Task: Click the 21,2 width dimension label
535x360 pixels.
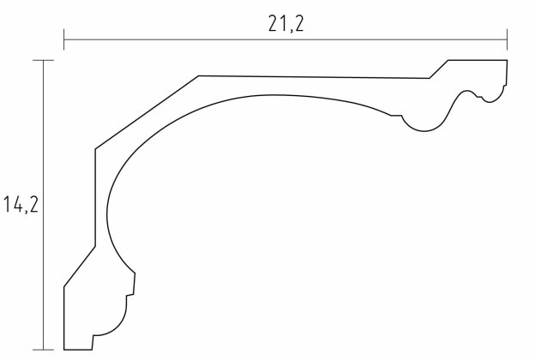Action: pos(286,24)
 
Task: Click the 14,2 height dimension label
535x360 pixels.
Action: pos(21,205)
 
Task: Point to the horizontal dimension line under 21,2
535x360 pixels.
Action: pos(286,39)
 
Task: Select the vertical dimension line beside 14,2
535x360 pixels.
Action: pos(44,205)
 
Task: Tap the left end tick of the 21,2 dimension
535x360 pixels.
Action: pos(63,39)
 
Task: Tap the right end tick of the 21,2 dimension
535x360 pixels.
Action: pos(507,39)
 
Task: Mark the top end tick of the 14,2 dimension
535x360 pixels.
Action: pos(44,60)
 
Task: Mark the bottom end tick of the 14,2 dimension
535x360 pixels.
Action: pos(44,350)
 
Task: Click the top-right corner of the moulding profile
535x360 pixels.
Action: pos(507,60)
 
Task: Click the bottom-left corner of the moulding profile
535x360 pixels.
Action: pos(64,350)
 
